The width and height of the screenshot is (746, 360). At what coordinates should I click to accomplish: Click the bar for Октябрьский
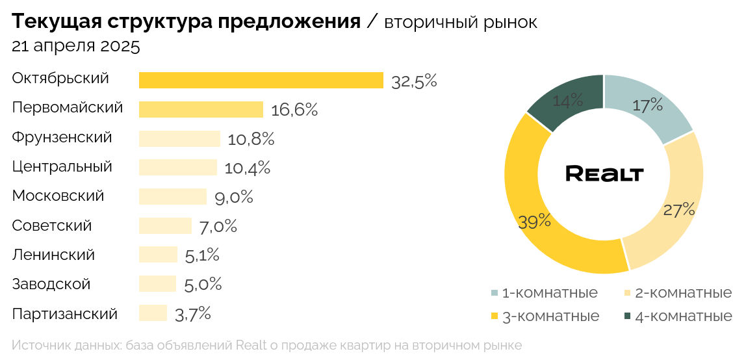tap(261, 80)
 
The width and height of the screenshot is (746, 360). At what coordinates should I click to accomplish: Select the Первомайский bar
tap(201, 109)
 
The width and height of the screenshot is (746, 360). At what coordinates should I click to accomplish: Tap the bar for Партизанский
tap(153, 313)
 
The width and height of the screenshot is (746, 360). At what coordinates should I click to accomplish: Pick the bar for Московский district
tap(172, 196)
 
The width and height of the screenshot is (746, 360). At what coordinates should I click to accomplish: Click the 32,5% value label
tap(414, 81)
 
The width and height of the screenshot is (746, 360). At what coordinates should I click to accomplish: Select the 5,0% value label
tap(203, 284)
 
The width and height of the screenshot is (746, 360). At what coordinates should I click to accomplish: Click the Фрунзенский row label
tap(62, 138)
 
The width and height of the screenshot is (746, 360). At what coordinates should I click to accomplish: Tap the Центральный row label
tap(62, 167)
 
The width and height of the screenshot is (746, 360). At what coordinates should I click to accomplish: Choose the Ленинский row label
tap(53, 255)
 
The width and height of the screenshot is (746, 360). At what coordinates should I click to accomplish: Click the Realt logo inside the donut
tap(604, 174)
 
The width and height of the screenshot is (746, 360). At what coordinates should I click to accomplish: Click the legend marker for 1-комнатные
tap(495, 293)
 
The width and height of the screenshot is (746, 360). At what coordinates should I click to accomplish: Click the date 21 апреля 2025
tap(76, 47)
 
